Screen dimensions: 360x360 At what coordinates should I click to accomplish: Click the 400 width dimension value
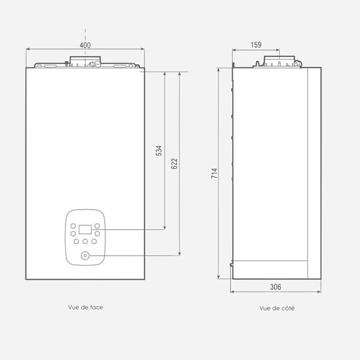[85, 45]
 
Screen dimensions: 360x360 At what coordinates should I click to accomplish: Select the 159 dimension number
[256, 45]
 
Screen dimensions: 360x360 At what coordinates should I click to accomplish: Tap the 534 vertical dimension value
[159, 151]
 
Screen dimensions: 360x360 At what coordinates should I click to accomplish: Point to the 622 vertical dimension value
[174, 164]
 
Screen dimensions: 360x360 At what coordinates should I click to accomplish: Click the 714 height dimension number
[214, 173]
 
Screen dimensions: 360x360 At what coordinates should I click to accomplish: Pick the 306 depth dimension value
[275, 287]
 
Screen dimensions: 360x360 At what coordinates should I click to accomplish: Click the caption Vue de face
[85, 307]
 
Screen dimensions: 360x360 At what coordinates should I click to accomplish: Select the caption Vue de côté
[277, 308]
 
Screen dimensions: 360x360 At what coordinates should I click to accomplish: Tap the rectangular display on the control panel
[85, 230]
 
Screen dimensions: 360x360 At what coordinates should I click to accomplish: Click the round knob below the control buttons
[85, 256]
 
